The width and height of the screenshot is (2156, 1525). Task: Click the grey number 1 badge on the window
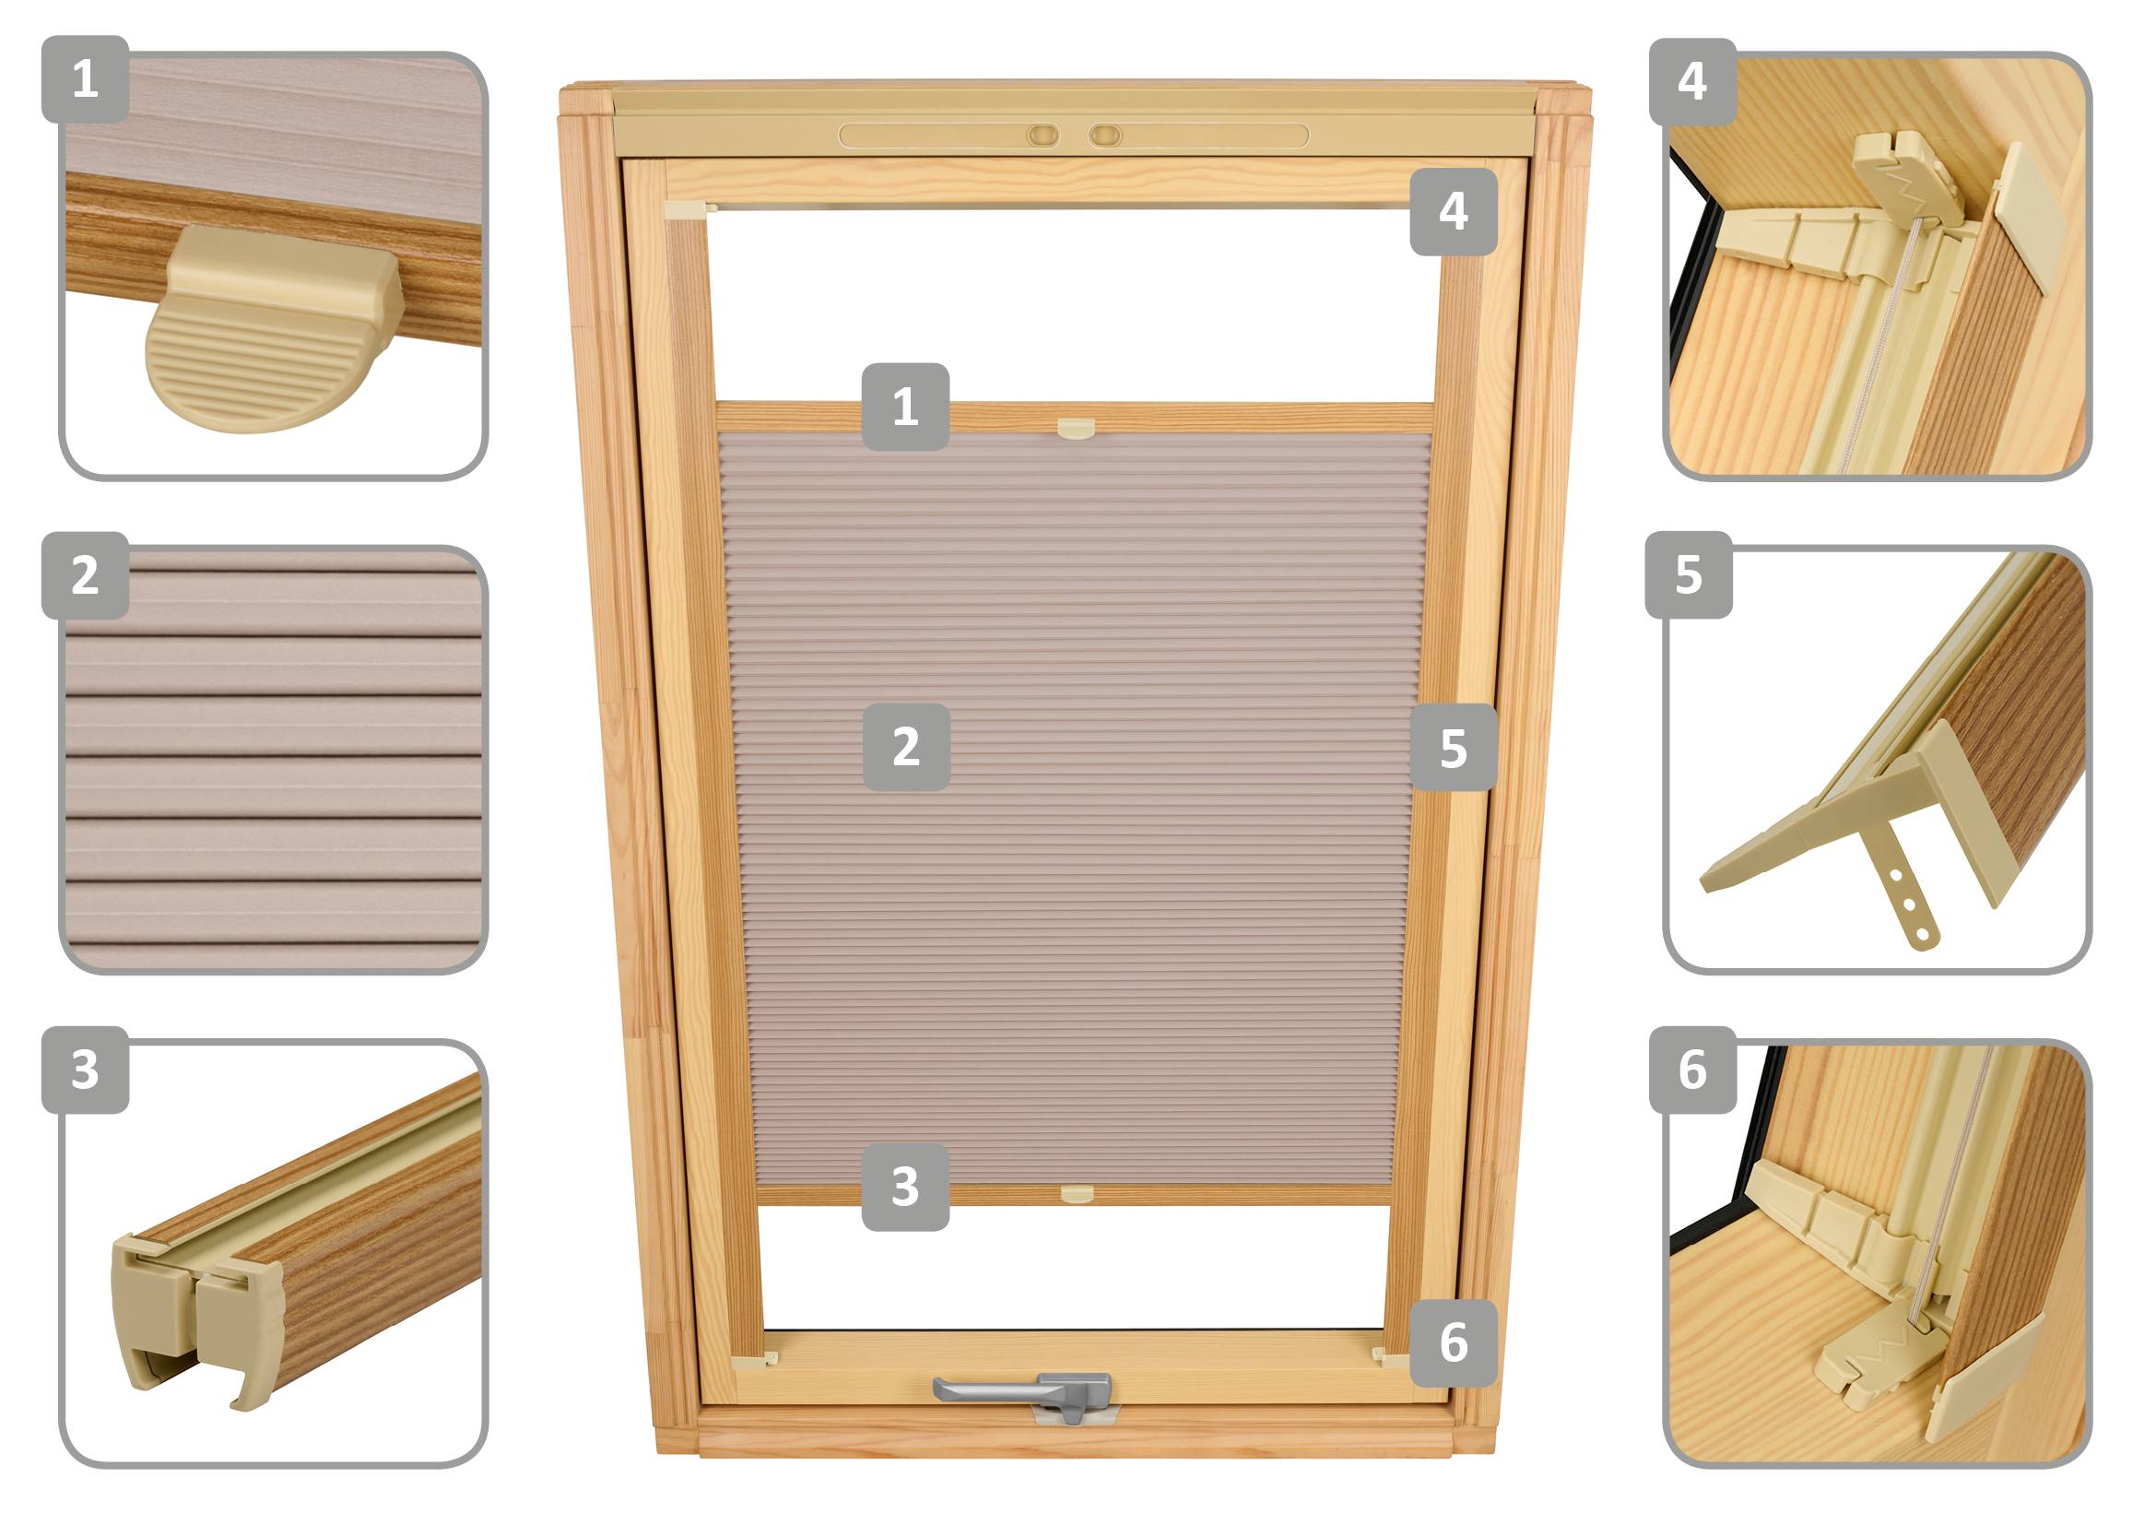[x=905, y=407]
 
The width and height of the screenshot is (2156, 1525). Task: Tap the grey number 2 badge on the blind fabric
[x=906, y=747]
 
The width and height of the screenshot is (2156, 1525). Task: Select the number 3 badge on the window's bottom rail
[x=905, y=1187]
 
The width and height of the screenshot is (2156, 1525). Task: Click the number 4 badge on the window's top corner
[x=1453, y=211]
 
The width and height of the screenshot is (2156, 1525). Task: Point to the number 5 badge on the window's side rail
[x=1454, y=748]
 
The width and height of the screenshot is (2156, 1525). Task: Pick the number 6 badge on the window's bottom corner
[x=1454, y=1342]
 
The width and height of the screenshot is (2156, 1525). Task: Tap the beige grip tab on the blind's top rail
[x=1076, y=429]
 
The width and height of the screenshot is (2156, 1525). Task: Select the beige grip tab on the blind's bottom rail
[x=1077, y=1194]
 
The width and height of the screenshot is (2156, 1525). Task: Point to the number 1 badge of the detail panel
[x=86, y=79]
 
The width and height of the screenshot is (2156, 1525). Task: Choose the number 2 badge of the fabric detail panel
[x=86, y=574]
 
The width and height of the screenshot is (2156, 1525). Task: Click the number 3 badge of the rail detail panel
[x=86, y=1070]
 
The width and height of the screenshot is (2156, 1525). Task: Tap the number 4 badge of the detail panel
[x=1692, y=82]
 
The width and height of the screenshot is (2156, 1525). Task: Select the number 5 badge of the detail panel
[x=1689, y=574]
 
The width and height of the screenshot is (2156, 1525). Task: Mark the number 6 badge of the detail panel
[x=1693, y=1070]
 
